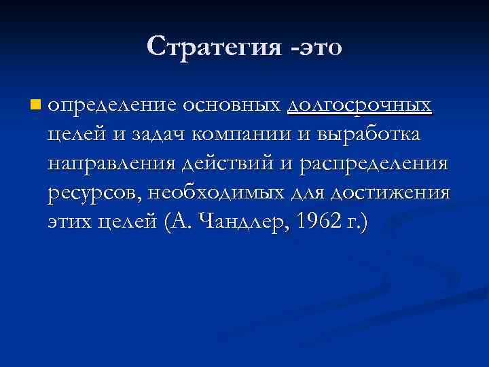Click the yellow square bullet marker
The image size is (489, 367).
35,105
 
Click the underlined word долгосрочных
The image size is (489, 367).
359,107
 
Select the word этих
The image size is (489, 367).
71,223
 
